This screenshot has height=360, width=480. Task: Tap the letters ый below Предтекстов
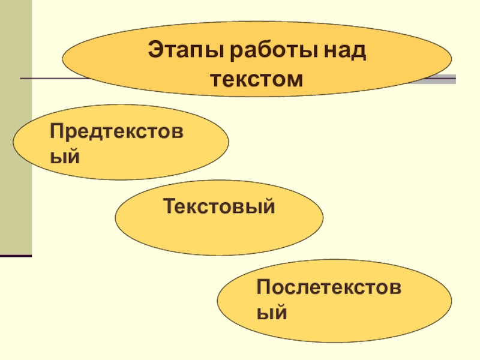[64, 157]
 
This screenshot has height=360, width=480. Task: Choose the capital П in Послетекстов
[263, 286]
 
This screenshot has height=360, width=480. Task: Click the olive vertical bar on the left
[16, 126]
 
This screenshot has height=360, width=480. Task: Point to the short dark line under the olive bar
[16, 256]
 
